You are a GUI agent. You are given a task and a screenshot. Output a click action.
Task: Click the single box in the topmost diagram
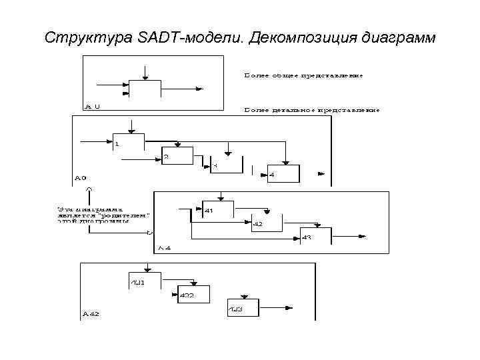[145, 89]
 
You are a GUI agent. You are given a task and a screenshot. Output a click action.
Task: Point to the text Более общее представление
[303, 75]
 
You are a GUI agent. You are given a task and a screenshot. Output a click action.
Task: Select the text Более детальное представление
[312, 109]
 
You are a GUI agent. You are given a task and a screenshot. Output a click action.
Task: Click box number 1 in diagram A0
[127, 142]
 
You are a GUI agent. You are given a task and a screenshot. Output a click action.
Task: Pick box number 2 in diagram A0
[177, 156]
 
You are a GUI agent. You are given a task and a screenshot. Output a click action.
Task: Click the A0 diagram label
[80, 178]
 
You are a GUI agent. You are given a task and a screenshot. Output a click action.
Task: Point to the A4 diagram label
[164, 248]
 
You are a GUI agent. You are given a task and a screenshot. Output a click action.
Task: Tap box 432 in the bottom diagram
[193, 295]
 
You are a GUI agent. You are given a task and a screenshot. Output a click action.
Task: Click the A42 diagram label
[91, 313]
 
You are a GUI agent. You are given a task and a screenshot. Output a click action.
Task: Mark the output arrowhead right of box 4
[322, 173]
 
